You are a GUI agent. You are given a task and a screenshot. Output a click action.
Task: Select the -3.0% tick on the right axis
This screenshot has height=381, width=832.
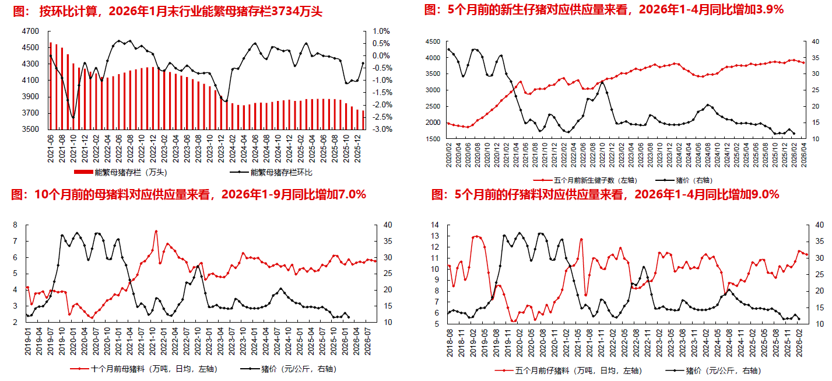click(x=381, y=130)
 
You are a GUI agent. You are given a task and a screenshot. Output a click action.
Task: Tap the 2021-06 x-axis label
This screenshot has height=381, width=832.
click(x=51, y=147)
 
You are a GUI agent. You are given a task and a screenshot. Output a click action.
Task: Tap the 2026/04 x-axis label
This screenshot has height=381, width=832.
click(x=804, y=156)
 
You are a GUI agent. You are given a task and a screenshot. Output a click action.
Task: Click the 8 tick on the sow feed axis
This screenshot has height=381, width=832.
click(x=16, y=225)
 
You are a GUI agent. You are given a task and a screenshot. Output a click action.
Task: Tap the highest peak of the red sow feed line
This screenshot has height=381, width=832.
click(x=156, y=231)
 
